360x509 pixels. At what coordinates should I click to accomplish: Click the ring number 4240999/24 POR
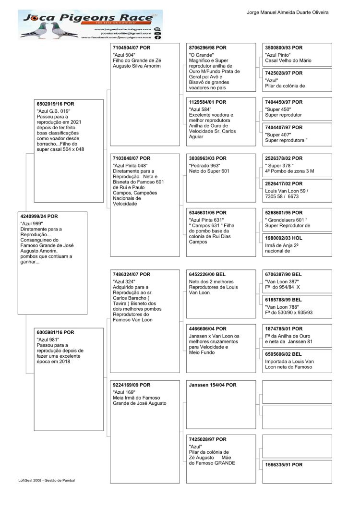tap(39, 217)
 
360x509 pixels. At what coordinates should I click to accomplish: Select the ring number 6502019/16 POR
tap(56, 104)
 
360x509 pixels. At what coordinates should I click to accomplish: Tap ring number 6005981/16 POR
tap(56, 332)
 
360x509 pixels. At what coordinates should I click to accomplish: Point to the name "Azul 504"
tap(124, 55)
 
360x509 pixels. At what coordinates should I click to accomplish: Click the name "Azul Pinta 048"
tap(130, 166)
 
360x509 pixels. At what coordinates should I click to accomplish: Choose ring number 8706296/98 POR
tap(207, 48)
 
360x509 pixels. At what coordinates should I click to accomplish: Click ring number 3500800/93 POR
tap(284, 48)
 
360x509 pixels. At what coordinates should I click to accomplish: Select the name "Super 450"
tap(278, 109)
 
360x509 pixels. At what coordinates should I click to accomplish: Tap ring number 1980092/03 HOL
tap(284, 238)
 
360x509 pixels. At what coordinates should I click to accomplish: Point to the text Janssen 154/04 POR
tap(213, 385)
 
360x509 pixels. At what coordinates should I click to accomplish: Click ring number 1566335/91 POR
tap(284, 465)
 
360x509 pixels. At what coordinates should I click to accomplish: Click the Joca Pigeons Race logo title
tap(91, 18)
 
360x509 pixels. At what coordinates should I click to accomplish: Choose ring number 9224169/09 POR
tap(131, 385)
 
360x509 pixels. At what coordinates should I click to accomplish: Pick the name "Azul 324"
tap(124, 281)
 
